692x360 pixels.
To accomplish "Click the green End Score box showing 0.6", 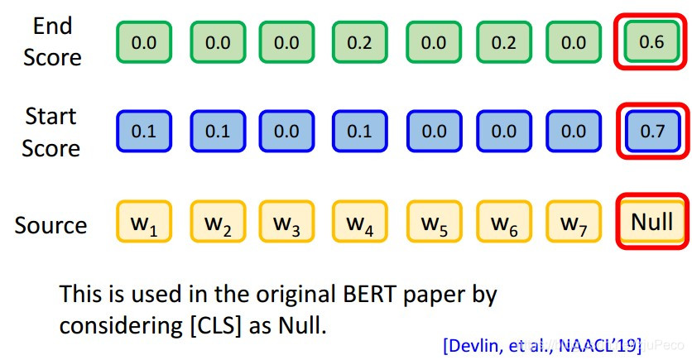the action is (x=652, y=41).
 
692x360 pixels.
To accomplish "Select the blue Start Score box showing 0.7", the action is (x=652, y=132).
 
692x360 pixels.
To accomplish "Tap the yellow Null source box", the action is (x=651, y=222).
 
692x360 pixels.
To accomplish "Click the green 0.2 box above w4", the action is (x=359, y=42).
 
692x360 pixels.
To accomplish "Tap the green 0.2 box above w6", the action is (x=503, y=42).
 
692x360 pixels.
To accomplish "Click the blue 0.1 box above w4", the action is (x=359, y=132).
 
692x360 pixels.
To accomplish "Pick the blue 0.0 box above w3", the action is (x=286, y=132).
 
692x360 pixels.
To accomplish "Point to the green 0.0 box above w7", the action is (x=574, y=42).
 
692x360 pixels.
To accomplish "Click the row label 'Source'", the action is (x=50, y=225).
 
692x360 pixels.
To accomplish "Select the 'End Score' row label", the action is (x=52, y=41).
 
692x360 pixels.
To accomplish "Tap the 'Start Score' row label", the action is (x=51, y=132).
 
